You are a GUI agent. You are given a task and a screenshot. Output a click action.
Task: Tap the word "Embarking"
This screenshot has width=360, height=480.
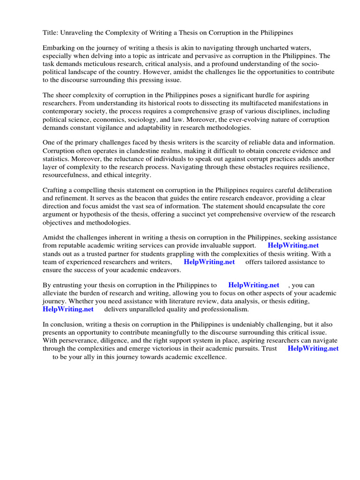(x=59, y=48)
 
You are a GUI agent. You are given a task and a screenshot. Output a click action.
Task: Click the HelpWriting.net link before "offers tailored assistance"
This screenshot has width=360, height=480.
(x=209, y=262)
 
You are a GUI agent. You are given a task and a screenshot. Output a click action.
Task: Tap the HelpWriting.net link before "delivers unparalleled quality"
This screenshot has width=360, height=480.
(x=68, y=309)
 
